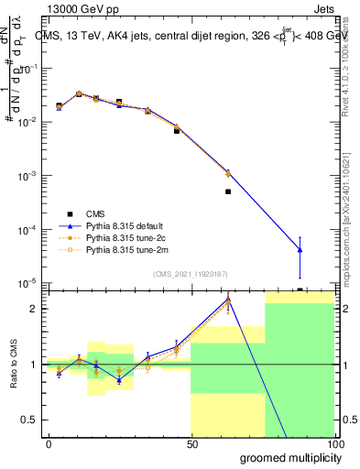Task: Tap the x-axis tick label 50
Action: (192, 443)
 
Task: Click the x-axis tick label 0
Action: (49, 443)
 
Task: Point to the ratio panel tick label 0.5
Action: (31, 420)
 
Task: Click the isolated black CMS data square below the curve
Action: (228, 191)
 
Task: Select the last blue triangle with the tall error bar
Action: (300, 250)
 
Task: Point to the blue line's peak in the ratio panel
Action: (228, 300)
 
